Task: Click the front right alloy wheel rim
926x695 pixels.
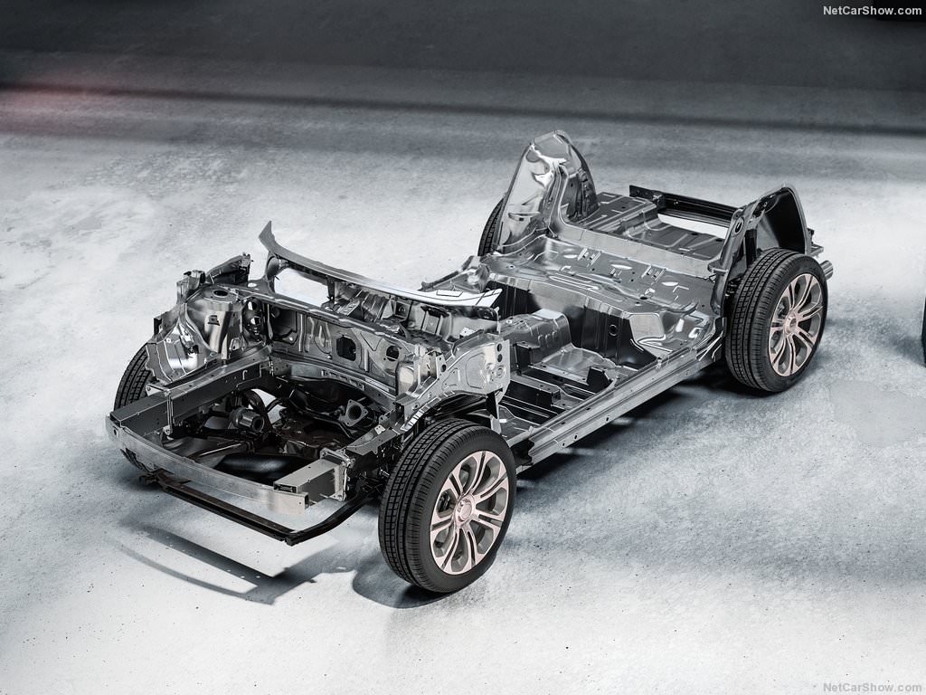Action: pos(469,511)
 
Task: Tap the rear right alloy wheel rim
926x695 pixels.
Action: pos(796,325)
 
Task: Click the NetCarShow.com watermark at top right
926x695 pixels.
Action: pos(872,10)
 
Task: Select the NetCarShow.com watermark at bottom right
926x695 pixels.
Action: pos(872,688)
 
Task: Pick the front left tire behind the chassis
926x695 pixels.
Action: pos(133,378)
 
